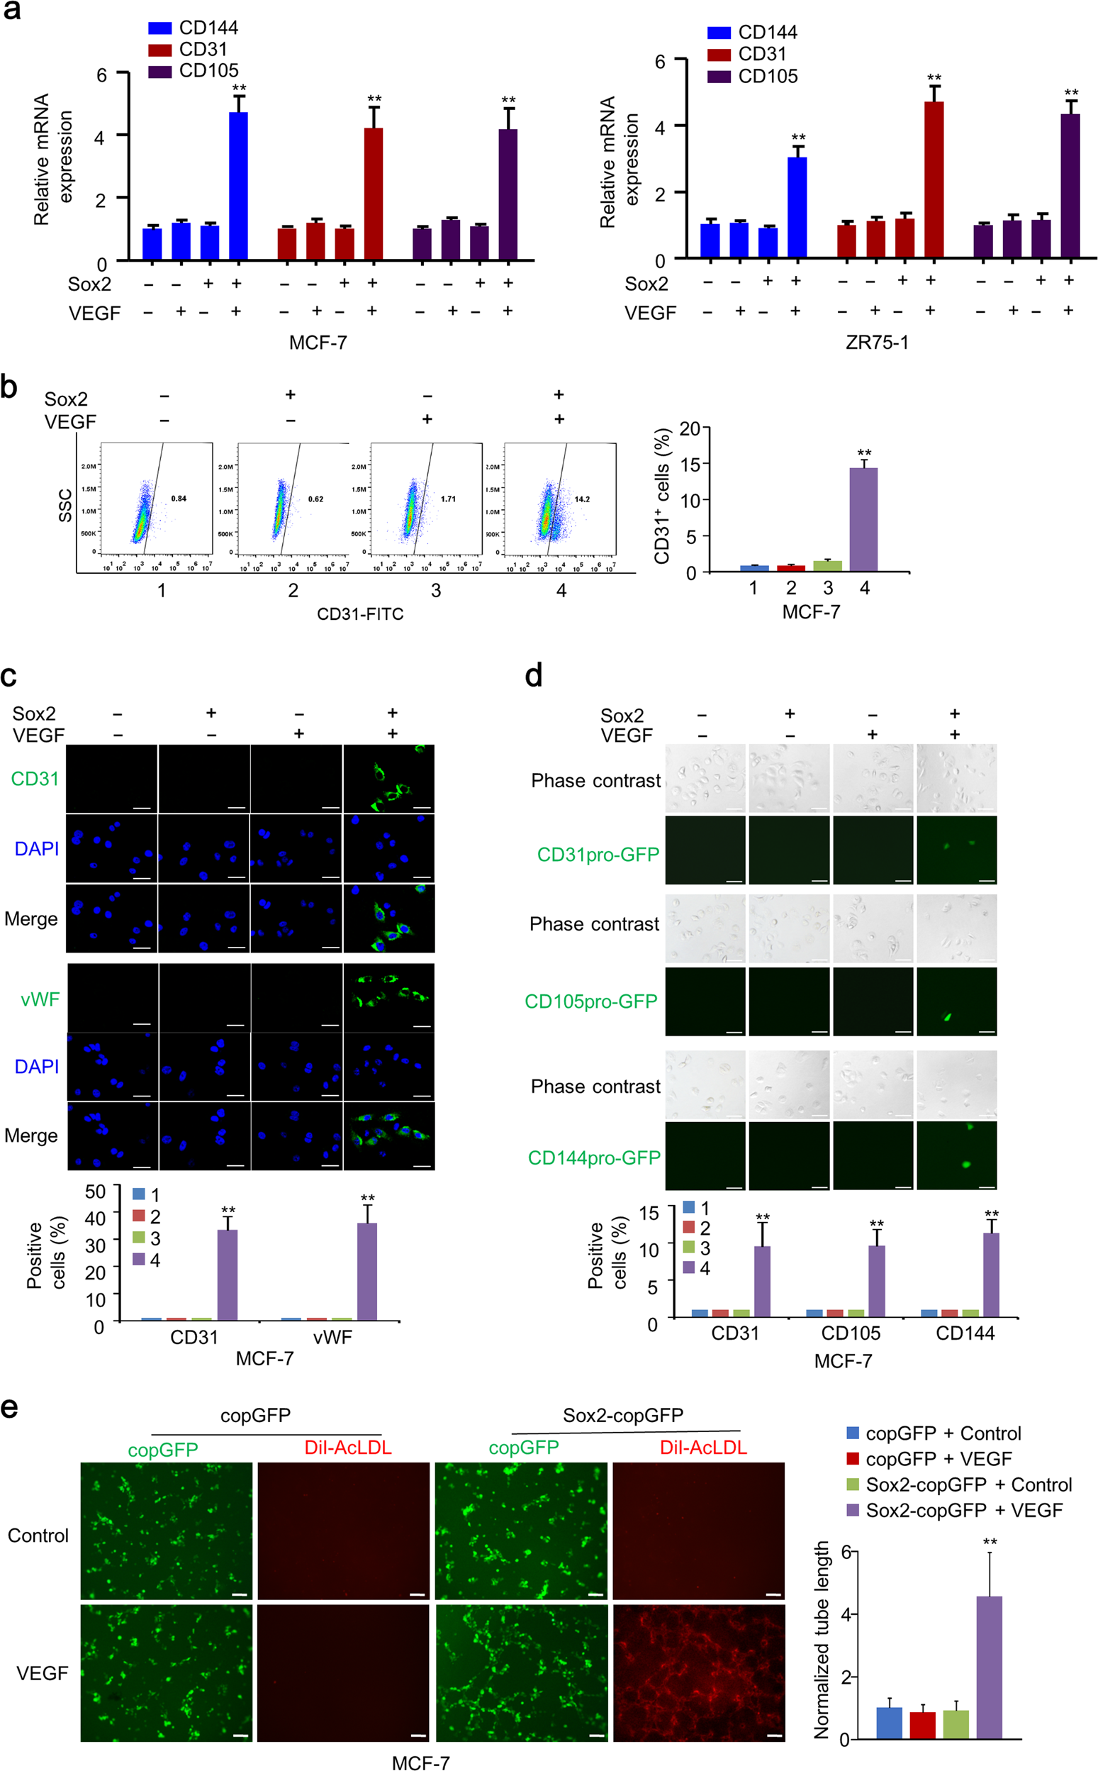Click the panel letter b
coord(9,387)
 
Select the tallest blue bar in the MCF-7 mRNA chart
coord(238,185)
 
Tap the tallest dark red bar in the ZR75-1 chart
coord(934,179)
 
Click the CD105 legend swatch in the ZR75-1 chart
coord(718,77)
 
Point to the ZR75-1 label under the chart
coord(877,342)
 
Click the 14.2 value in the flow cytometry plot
coord(582,499)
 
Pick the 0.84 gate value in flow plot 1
coord(179,499)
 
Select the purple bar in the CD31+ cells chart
coord(863,519)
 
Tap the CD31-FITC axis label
coord(360,614)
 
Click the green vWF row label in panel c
coord(40,999)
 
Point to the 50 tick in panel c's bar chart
coord(95,1192)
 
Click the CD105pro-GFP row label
coord(590,1001)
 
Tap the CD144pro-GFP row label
coord(594,1157)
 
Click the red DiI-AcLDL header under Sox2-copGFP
coord(703,1447)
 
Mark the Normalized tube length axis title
coord(822,1640)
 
